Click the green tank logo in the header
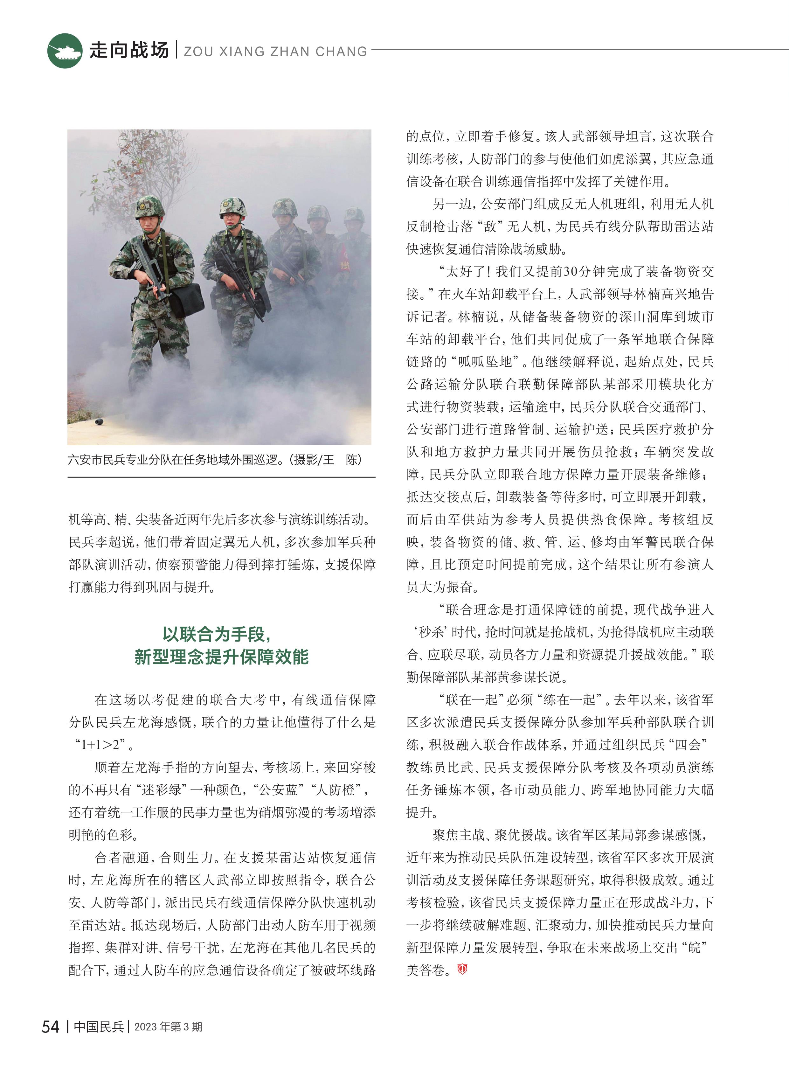65,51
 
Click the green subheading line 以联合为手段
217,634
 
